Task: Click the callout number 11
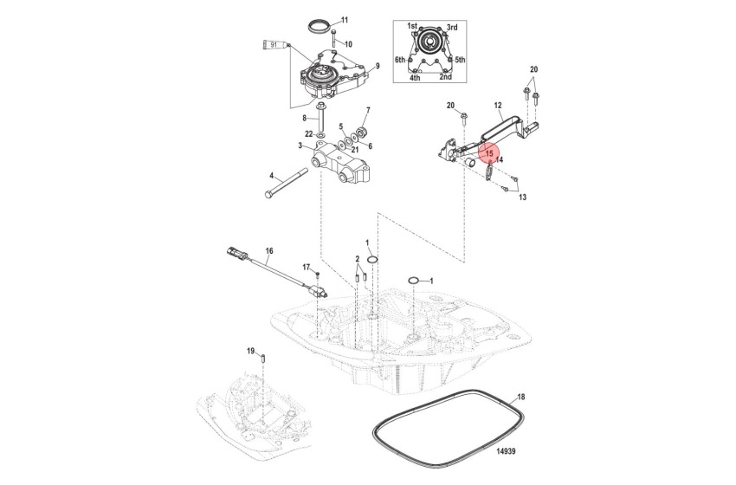pyautogui.click(x=345, y=20)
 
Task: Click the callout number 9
pyautogui.click(x=378, y=66)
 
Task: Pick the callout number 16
pyautogui.click(x=269, y=252)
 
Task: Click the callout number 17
pyautogui.click(x=306, y=267)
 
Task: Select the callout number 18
pyautogui.click(x=520, y=398)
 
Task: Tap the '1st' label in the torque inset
pyautogui.click(x=412, y=28)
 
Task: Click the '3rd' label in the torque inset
pyautogui.click(x=452, y=28)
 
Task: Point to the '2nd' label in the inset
pyautogui.click(x=445, y=77)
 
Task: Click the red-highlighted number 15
pyautogui.click(x=488, y=153)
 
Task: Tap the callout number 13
pyautogui.click(x=522, y=197)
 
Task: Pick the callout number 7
pyautogui.click(x=367, y=110)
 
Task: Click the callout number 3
pyautogui.click(x=300, y=146)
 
